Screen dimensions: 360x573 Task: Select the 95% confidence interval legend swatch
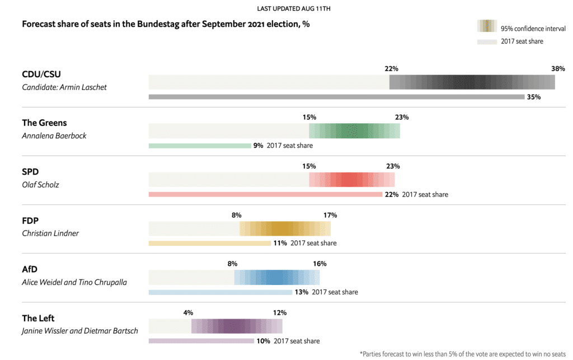tap(487, 26)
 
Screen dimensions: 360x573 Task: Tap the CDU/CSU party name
tap(42, 74)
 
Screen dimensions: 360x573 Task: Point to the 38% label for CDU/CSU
tap(558, 69)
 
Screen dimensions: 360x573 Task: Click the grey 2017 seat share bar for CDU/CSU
tap(336, 97)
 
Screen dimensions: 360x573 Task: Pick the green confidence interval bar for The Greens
tap(354, 131)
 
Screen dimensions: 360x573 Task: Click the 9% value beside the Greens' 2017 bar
tap(258, 146)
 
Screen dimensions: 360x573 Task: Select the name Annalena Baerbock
tap(54, 135)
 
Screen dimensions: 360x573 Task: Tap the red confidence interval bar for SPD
tap(351, 180)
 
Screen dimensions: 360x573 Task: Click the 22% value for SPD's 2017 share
tap(392, 194)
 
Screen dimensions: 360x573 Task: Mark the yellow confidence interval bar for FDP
tap(285, 228)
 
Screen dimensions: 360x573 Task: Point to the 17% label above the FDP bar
tap(330, 215)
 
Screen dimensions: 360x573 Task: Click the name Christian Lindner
tap(50, 233)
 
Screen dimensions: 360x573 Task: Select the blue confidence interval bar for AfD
tap(276, 277)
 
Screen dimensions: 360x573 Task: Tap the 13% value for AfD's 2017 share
tap(301, 292)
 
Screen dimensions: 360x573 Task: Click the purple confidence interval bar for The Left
tap(237, 326)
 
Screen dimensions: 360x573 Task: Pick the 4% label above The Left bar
tap(188, 312)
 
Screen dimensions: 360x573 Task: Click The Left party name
tap(38, 318)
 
